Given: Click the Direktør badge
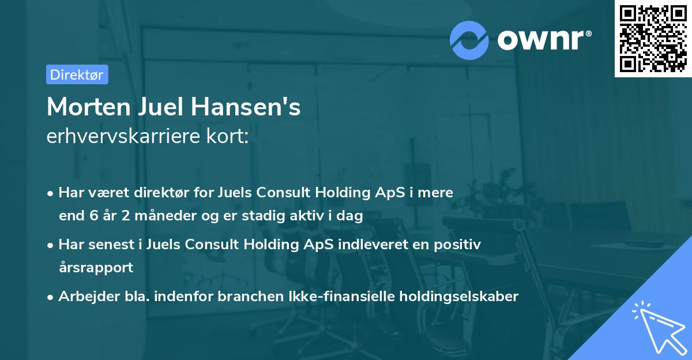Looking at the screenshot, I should pos(77,74).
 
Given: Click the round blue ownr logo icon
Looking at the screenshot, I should pos(469,39).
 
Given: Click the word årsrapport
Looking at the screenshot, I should pos(96,268).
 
